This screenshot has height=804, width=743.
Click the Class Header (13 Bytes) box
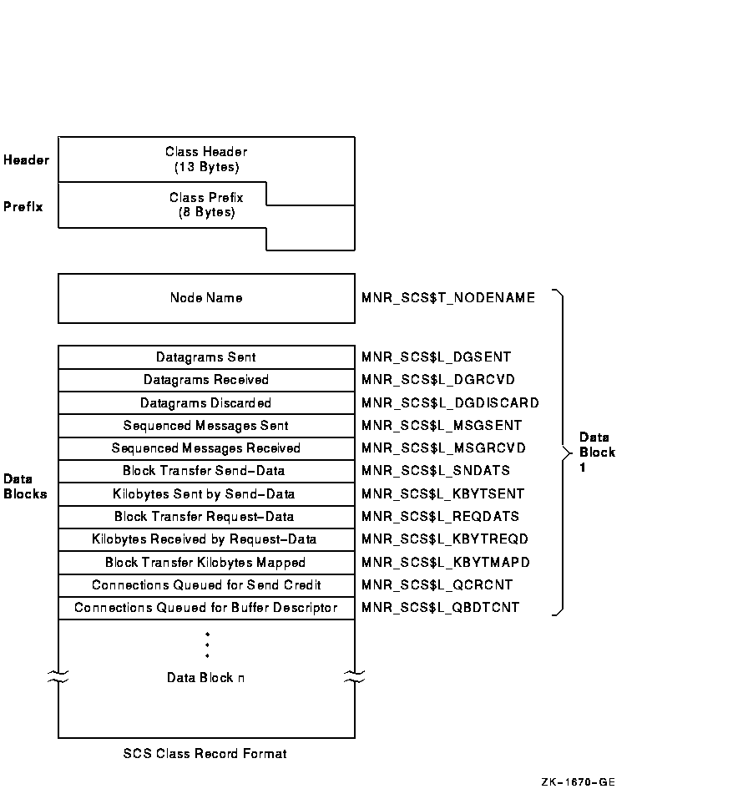pyautogui.click(x=206, y=159)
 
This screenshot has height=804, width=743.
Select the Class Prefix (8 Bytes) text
pyautogui.click(x=206, y=205)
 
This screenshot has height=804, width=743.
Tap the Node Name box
pyautogui.click(x=206, y=298)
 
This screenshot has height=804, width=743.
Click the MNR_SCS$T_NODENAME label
pyautogui.click(x=447, y=298)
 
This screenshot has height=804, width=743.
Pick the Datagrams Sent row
pyautogui.click(x=206, y=357)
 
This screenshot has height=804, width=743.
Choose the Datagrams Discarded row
pyautogui.click(x=206, y=403)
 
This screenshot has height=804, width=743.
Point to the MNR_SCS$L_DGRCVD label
pyautogui.click(x=437, y=380)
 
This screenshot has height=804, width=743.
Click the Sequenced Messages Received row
pyautogui.click(x=206, y=448)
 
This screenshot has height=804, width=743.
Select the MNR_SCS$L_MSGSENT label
pyautogui.click(x=442, y=426)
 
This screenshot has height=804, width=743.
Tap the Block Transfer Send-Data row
pyautogui.click(x=206, y=471)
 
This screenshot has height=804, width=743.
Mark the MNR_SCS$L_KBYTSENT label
pyautogui.click(x=442, y=494)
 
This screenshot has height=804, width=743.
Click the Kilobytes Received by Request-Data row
pyautogui.click(x=206, y=539)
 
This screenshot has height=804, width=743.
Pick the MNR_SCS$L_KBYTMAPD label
pyautogui.click(x=445, y=563)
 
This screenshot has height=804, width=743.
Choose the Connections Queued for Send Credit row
pyautogui.click(x=206, y=585)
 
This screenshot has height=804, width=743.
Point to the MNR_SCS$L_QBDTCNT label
pyautogui.click(x=440, y=608)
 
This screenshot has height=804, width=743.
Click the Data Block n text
pyautogui.click(x=206, y=678)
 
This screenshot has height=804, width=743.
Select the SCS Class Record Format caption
pyautogui.click(x=205, y=754)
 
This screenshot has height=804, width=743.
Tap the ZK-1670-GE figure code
pyautogui.click(x=578, y=782)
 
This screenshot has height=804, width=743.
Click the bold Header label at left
pyautogui.click(x=26, y=159)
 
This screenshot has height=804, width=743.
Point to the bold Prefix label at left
pyautogui.click(x=23, y=205)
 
